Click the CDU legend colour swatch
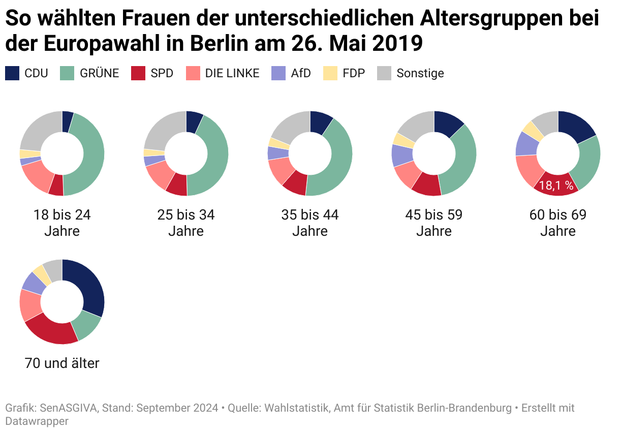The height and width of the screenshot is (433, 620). [12, 73]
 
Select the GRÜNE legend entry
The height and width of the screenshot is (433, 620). [99, 73]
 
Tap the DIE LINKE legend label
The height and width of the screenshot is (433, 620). [232, 73]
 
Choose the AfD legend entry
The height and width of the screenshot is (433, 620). [300, 73]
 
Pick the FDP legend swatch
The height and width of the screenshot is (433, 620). [331, 73]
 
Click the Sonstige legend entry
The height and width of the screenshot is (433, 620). [420, 73]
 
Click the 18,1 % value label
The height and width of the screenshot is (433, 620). [556, 185]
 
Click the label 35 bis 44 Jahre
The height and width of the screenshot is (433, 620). [310, 223]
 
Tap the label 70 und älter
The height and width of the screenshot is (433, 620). [62, 363]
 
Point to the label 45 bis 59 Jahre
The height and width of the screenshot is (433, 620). [434, 223]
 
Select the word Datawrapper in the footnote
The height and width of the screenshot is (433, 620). [37, 421]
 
